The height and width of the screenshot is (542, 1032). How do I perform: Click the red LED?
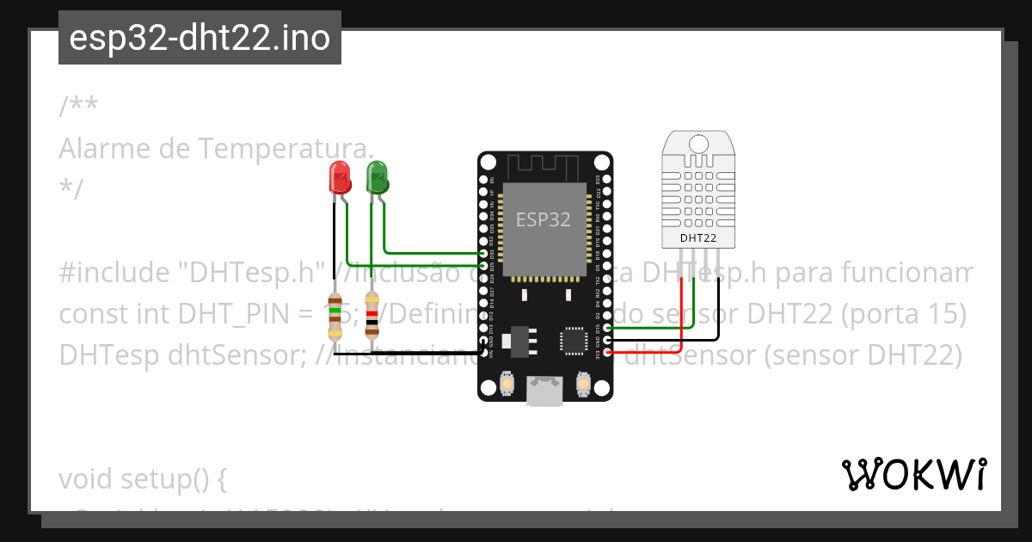[340, 177]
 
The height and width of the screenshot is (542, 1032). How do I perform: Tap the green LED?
[377, 177]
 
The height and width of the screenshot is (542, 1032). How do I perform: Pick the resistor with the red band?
[372, 315]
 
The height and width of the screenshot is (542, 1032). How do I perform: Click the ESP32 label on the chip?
[543, 219]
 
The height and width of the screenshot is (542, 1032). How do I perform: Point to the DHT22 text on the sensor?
[697, 237]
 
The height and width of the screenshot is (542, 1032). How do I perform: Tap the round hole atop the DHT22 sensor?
[697, 142]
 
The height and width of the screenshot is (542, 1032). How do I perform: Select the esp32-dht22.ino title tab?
[200, 38]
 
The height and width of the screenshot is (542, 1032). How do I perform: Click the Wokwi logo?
[913, 474]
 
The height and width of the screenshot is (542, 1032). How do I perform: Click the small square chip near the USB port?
[574, 340]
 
